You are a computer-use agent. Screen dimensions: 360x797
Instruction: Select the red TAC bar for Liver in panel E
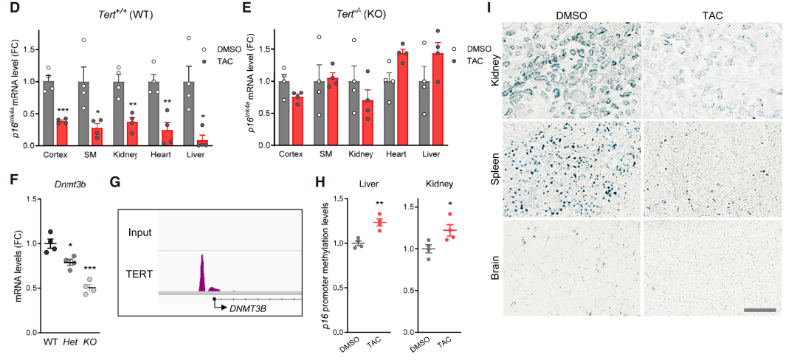pyautogui.click(x=437, y=100)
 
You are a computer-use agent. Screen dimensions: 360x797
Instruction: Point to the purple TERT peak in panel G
pyautogui.click(x=202, y=273)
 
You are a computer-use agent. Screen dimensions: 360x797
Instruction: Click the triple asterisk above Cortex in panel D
pyautogui.click(x=62, y=109)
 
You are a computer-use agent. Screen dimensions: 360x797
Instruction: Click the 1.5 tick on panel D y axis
pyautogui.click(x=29, y=49)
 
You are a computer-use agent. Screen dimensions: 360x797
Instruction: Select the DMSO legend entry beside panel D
pyautogui.click(x=229, y=49)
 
